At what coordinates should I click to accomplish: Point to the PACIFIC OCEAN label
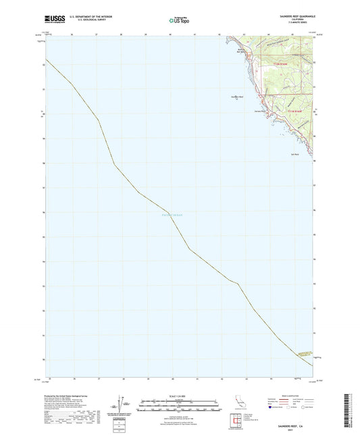173,215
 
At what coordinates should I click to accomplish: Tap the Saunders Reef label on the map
236,96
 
